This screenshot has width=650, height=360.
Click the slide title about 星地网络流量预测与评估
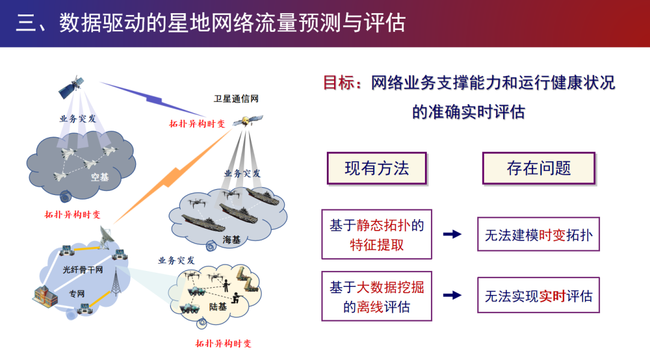pos(211,23)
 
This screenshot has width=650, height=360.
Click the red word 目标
pos(338,83)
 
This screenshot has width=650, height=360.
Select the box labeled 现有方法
pos(376,168)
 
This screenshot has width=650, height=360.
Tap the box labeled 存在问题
pos(538,168)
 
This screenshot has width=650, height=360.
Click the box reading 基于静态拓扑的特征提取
pos(376,234)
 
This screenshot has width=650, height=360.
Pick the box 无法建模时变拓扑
pos(538,234)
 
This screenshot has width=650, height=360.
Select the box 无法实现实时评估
pos(538,296)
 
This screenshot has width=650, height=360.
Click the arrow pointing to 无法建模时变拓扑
pos(452,234)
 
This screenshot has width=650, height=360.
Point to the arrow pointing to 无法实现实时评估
pos(452,296)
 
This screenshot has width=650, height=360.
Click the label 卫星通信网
pos(237,99)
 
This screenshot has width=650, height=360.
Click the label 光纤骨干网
pos(82,270)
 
